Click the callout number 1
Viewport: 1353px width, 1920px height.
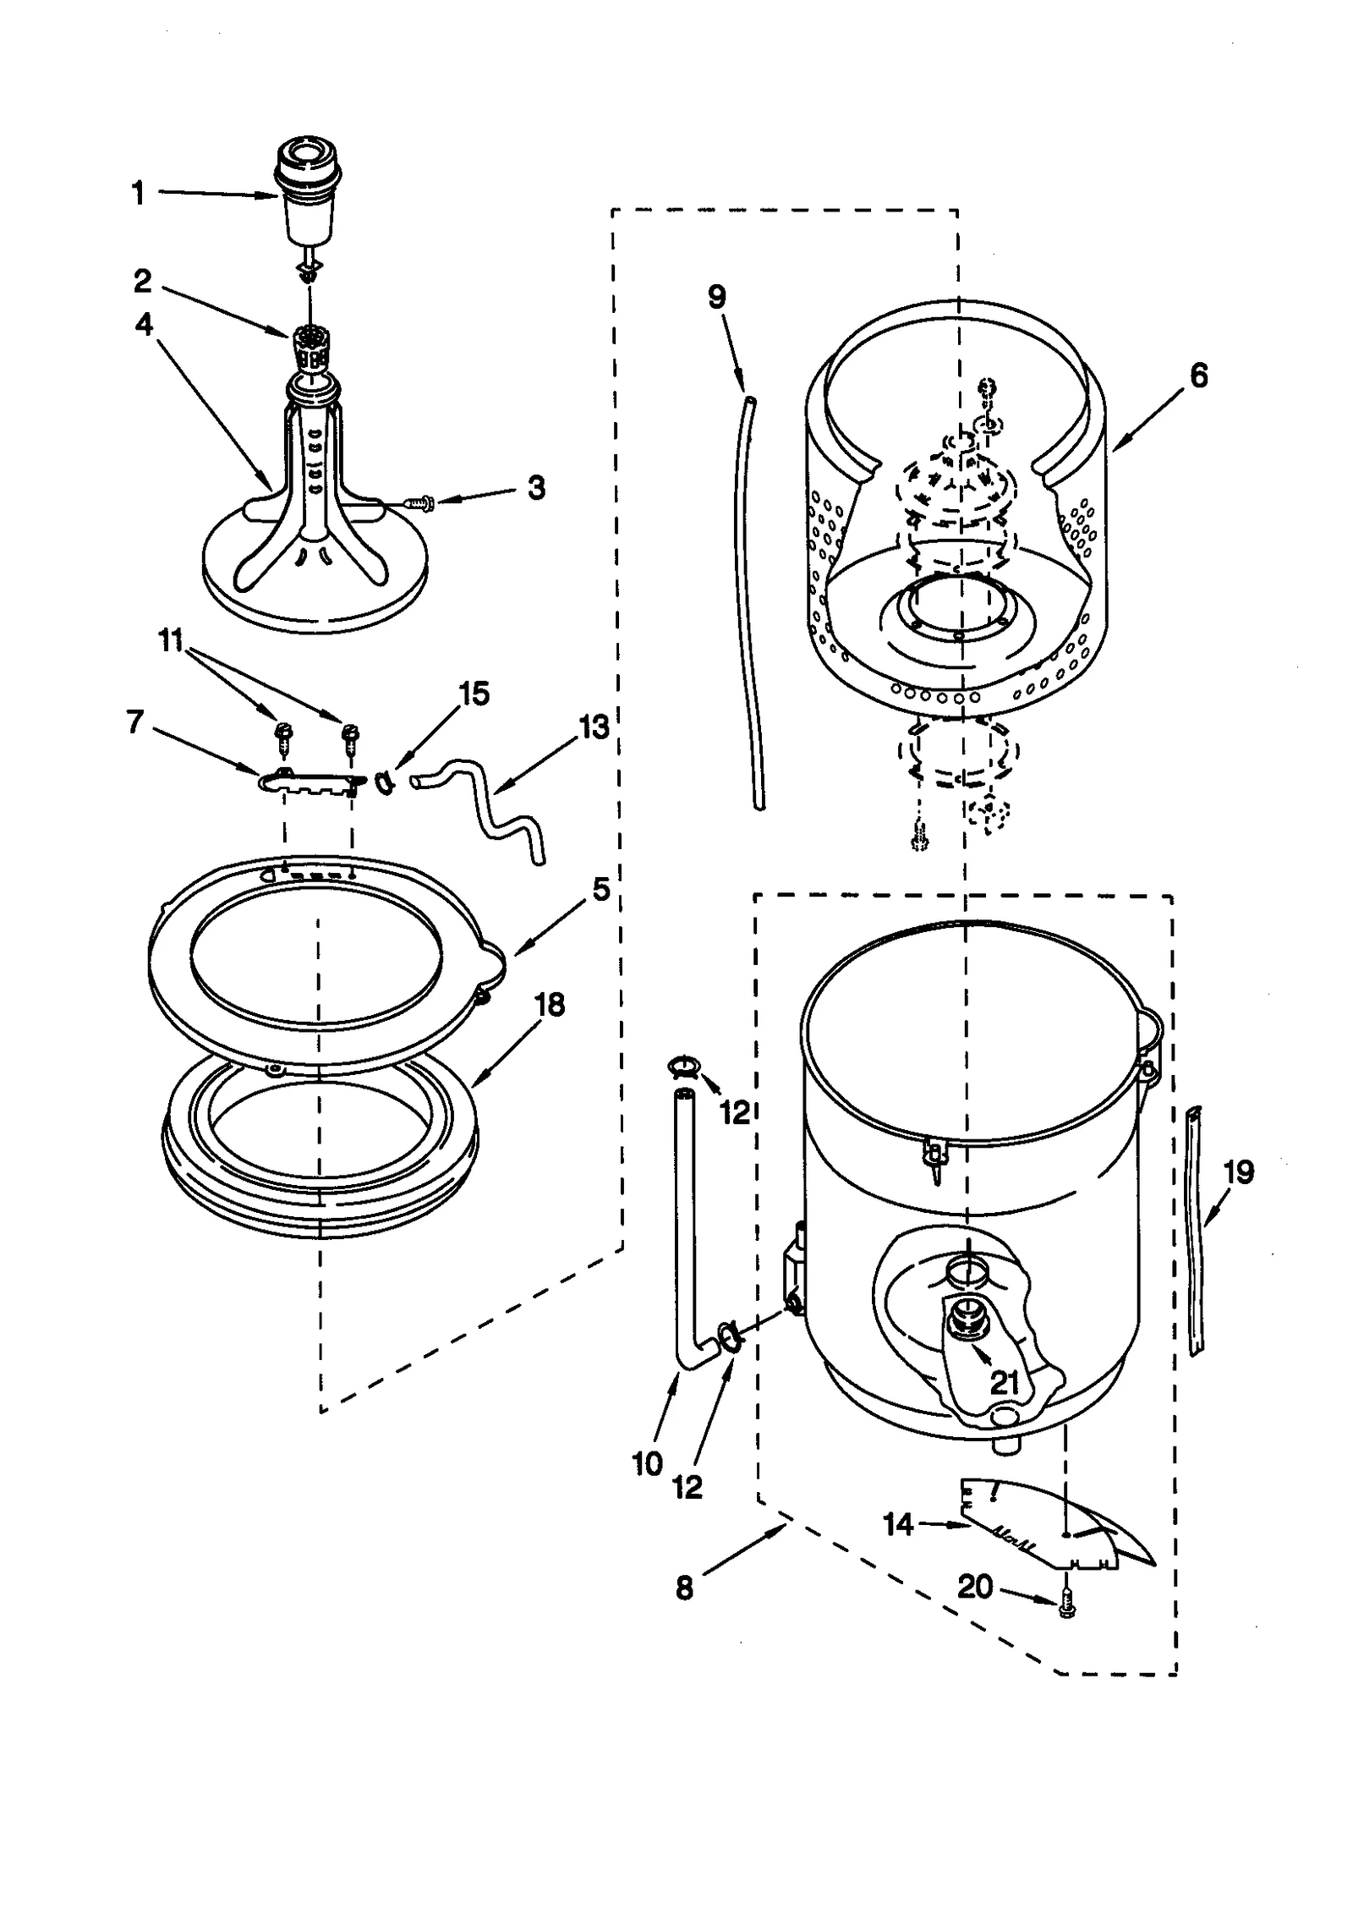138,194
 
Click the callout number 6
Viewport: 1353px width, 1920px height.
1198,376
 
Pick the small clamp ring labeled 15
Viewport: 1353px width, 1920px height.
383,783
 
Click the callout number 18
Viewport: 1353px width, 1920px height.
550,1005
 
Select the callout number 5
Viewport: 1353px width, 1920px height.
600,889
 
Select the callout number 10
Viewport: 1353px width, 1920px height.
647,1463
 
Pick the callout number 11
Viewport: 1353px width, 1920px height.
172,642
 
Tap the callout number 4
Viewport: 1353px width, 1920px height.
144,324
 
